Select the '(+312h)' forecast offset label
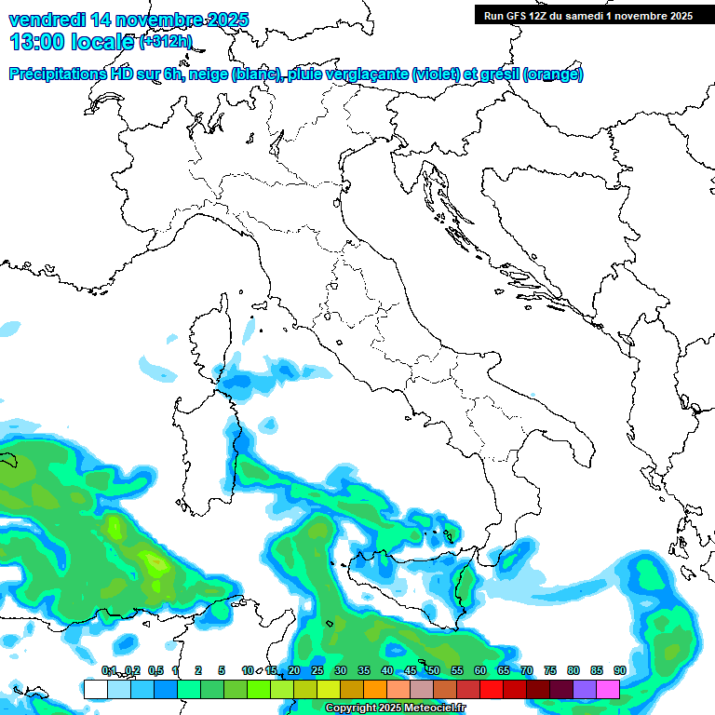point(166,42)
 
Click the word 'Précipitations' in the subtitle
point(58,74)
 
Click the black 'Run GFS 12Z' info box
point(589,16)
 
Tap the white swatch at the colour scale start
point(95,689)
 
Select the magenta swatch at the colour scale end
point(608,689)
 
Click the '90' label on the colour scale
point(619,670)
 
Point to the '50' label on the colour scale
point(433,670)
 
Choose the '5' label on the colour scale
point(222,670)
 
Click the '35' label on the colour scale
point(363,670)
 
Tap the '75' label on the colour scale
point(549,670)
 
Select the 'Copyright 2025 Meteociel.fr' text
point(395,708)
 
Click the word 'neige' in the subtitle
point(208,74)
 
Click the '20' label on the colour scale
point(293,670)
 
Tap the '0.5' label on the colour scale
point(155,670)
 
